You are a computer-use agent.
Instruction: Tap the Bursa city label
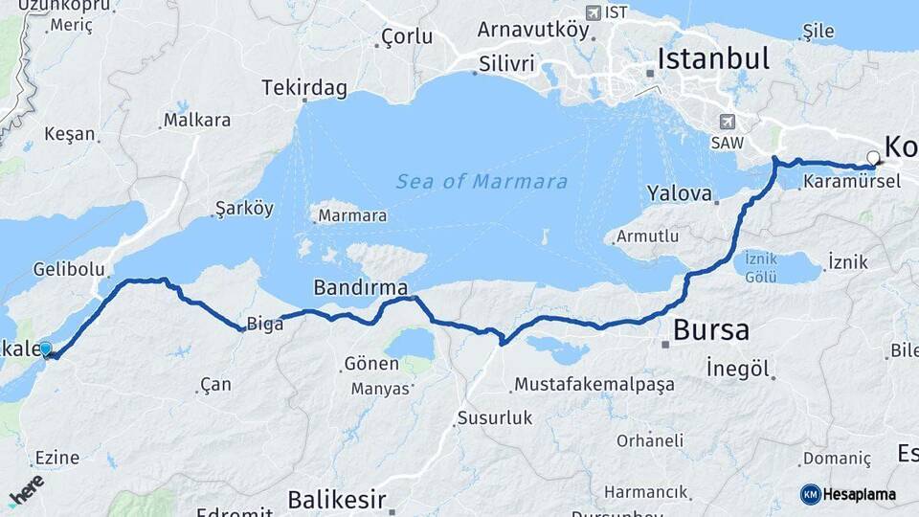pos(710,331)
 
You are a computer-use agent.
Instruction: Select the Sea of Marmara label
pos(482,182)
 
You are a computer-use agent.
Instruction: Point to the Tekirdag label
pos(303,88)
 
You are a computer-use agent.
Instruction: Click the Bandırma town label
pos(361,287)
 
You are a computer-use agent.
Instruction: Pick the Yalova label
pos(679,193)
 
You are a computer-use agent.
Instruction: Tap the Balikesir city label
pos(337,500)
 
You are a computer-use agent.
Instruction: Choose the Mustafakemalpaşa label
pos(594,385)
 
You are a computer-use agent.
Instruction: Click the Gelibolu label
pos(67,270)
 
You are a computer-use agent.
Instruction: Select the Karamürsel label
pos(851,181)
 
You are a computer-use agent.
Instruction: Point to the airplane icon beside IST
pos(593,12)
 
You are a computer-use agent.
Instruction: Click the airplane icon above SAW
pos(728,123)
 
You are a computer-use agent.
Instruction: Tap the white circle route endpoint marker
pos(873,158)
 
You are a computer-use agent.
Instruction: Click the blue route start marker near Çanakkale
pos(45,349)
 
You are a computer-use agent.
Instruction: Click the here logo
pos(26,490)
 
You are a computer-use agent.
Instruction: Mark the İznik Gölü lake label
pos(761,268)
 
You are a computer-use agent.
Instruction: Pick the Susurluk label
pos(494,417)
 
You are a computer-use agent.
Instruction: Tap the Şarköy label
pos(244,209)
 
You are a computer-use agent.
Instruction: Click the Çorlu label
pos(406,37)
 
